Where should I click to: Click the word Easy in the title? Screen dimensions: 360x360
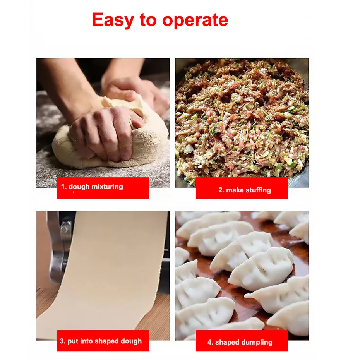(113, 20)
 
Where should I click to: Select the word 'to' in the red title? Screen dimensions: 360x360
(148, 20)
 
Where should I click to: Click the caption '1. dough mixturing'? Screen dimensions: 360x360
(92, 187)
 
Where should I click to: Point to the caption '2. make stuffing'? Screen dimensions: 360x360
(245, 190)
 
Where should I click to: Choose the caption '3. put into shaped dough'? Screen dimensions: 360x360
(101, 341)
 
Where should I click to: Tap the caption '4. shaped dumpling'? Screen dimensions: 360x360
(240, 342)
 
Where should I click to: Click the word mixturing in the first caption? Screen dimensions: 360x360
(107, 187)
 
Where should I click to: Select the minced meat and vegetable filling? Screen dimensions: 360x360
(242, 119)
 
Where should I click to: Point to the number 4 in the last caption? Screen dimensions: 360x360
(210, 342)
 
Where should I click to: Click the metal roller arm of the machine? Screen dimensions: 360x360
(56, 248)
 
